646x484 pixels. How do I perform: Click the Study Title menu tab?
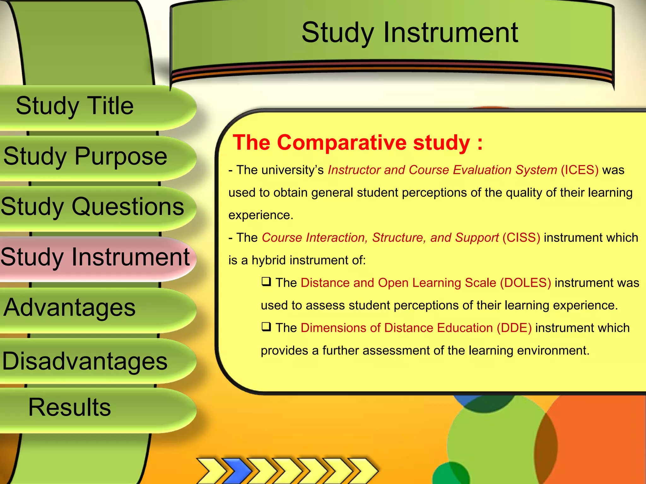[75, 106]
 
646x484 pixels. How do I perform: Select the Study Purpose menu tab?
[85, 156]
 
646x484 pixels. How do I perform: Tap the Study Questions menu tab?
[92, 207]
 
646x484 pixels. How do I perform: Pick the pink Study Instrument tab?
[95, 257]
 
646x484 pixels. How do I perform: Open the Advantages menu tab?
[69, 308]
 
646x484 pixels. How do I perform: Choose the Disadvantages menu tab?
[85, 361]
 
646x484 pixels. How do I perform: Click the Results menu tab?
[69, 407]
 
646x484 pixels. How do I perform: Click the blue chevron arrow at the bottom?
[237, 471]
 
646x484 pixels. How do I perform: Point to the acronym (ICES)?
[579, 170]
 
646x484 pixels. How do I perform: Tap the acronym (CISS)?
[521, 238]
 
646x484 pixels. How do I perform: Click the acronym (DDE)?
[514, 328]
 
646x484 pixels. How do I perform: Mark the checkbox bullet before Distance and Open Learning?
[266, 281]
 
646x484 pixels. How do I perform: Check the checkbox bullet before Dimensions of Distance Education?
[266, 327]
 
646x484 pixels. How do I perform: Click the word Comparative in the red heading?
[342, 143]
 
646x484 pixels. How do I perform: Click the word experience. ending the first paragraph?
[261, 216]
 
